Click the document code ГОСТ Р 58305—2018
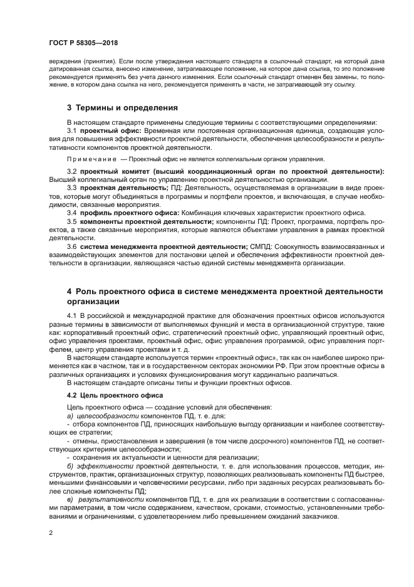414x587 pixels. pyautogui.click(x=83, y=43)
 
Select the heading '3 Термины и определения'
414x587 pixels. pyautogui.click(x=122, y=108)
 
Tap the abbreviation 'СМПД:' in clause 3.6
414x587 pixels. pyautogui.click(x=262, y=246)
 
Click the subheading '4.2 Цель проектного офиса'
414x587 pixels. pyautogui.click(x=106, y=395)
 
